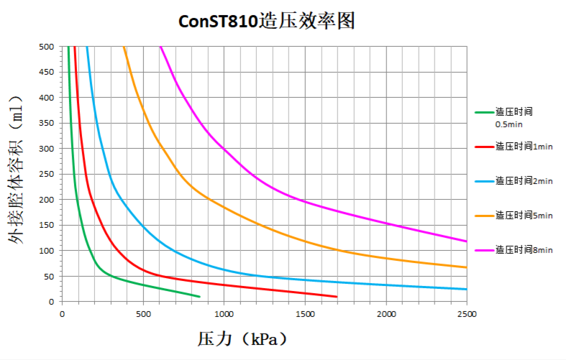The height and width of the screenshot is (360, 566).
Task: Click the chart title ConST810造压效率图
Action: point(267,22)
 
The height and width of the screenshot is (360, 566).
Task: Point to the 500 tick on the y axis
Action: point(47,47)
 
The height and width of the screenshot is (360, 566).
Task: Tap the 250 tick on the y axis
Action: point(47,174)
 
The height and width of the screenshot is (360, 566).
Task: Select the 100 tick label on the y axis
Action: point(47,251)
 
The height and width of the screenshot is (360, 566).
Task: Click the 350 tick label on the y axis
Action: point(47,124)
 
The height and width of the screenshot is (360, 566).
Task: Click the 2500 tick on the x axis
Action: point(467,314)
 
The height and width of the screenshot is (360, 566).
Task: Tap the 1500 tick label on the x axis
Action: point(305,314)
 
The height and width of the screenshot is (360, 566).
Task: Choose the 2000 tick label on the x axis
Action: point(386,314)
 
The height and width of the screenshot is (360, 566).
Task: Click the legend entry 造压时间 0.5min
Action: point(513,117)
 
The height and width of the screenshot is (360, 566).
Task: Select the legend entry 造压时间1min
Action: point(524,146)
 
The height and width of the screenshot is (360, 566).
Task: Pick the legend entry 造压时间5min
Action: point(524,215)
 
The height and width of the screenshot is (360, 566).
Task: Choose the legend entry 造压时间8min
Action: point(524,249)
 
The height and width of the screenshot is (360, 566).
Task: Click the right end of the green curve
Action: point(200,296)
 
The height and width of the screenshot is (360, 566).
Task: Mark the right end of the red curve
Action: point(337,296)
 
